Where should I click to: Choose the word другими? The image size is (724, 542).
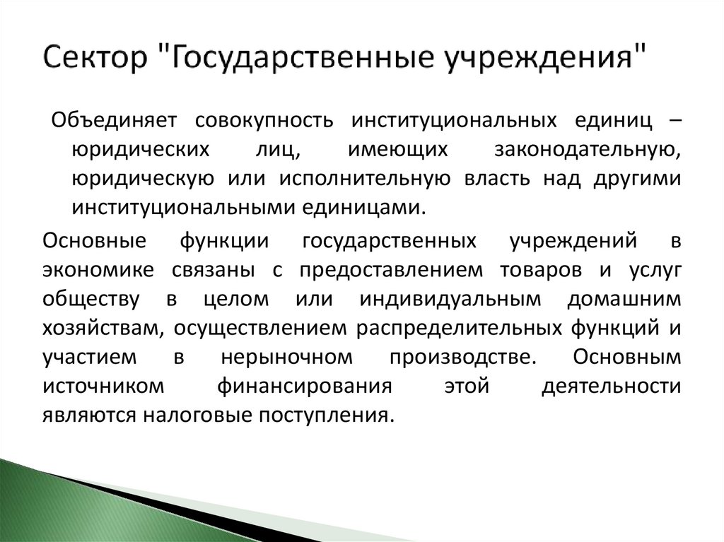[634, 178]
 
